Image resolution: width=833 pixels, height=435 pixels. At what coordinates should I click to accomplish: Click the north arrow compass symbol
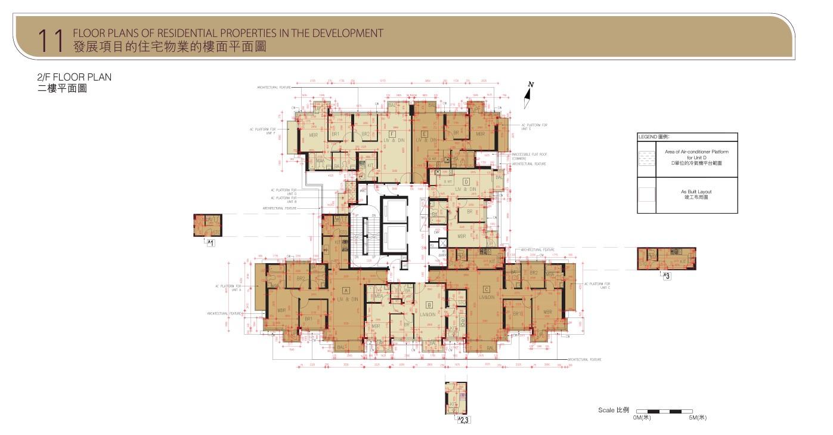click(528, 95)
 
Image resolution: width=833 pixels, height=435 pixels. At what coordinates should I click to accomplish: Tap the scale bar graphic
click(664, 411)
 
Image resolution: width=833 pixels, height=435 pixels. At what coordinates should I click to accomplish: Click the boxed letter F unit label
click(392, 134)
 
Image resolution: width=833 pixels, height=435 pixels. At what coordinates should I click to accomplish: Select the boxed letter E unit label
click(424, 134)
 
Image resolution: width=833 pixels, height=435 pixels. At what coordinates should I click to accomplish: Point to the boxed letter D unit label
click(466, 181)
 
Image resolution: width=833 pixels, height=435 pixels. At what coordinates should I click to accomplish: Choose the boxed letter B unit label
click(429, 305)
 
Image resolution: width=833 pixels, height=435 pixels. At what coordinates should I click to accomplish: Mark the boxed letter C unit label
click(487, 289)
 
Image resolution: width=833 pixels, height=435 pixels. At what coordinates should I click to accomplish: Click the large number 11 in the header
click(50, 40)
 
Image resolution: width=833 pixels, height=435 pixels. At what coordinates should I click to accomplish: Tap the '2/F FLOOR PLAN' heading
click(75, 77)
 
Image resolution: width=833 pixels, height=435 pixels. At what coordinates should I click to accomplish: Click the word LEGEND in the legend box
click(648, 137)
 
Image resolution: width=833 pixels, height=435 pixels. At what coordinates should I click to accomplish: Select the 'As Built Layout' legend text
click(696, 192)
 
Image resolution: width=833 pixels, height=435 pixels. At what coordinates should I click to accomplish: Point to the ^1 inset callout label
click(210, 243)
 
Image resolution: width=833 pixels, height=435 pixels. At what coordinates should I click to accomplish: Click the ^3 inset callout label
click(667, 276)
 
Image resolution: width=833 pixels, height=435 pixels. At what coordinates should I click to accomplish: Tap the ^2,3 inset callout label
click(463, 420)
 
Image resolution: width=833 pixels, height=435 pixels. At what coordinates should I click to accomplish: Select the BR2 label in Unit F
click(366, 134)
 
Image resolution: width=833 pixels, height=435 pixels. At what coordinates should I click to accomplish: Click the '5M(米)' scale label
click(698, 418)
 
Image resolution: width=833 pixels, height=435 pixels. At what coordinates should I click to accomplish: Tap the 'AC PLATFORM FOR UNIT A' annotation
click(229, 288)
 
